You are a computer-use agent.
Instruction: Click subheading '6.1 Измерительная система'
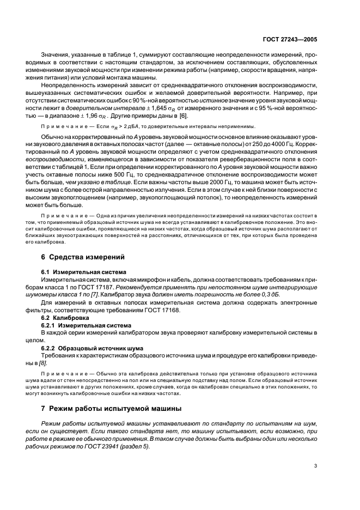pos(84,271)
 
